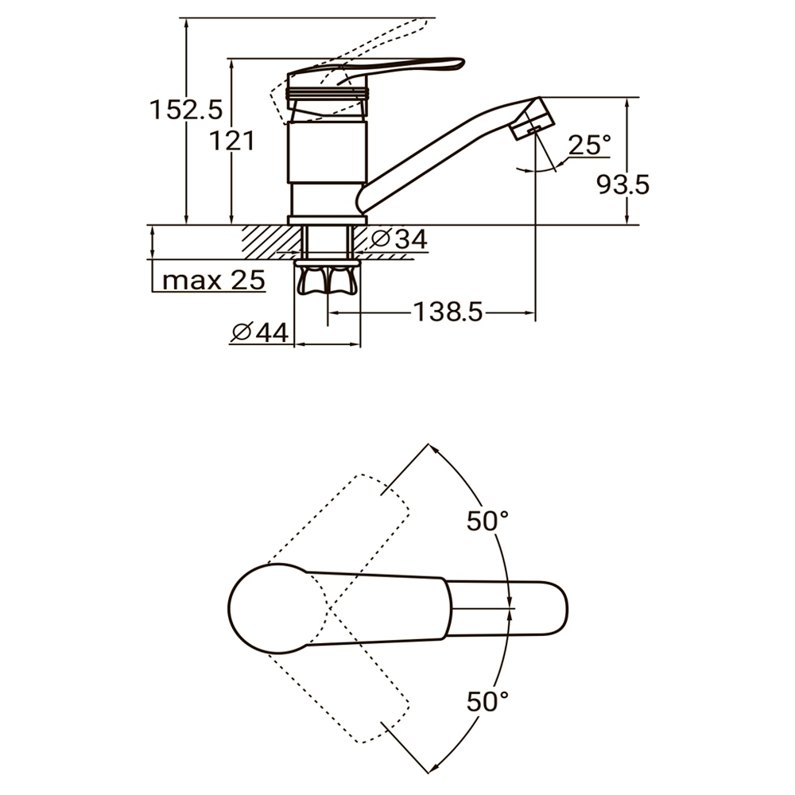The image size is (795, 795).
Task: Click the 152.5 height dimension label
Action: coord(186,110)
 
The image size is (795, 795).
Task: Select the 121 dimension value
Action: coord(232,141)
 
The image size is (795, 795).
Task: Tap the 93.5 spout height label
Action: coord(622,184)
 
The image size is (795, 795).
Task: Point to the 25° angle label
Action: coord(590,145)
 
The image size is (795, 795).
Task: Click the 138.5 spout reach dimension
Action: coord(448,312)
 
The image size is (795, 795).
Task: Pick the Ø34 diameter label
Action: coord(398,238)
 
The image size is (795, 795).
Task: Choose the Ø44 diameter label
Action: coord(260,332)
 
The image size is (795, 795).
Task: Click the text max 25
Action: coord(213,280)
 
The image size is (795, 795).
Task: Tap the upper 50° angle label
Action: coord(487,521)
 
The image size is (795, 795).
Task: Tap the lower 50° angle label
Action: coord(487,702)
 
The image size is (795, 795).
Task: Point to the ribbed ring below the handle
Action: coord(328,93)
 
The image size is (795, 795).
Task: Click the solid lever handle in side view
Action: coord(375,70)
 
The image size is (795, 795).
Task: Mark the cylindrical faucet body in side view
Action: coord(327,152)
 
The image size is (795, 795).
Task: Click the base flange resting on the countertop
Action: coord(327,220)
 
